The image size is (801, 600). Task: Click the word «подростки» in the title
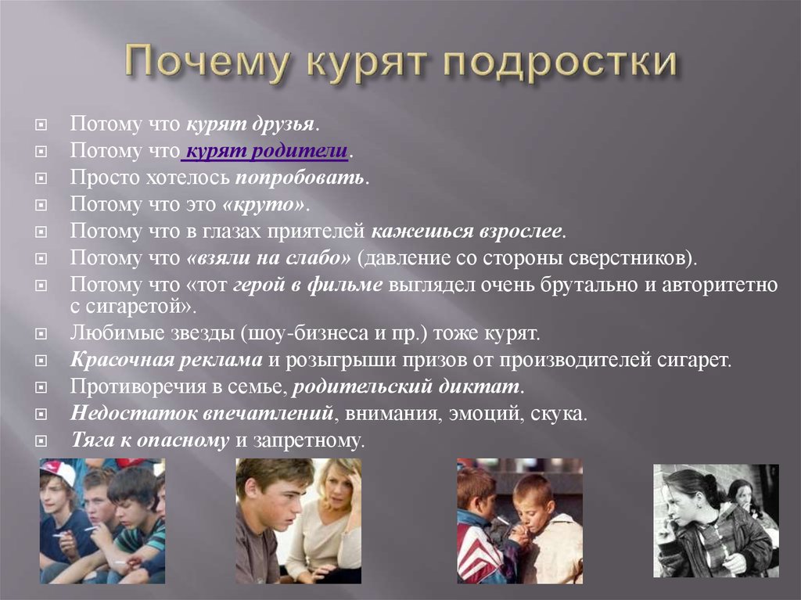560,63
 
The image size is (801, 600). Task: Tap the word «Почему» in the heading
209,63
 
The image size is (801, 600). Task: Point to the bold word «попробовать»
300,178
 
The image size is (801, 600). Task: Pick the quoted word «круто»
264,204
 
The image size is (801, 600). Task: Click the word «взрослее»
520,231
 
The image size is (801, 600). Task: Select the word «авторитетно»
720,285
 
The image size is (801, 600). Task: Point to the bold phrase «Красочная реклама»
167,360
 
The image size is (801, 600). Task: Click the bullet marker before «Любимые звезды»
41,334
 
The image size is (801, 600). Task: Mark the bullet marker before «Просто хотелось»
41,178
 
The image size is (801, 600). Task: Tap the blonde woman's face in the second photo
332,490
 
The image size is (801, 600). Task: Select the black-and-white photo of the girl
717,521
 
